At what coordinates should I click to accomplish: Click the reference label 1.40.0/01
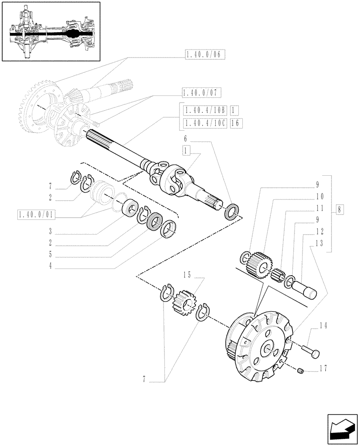click(36, 215)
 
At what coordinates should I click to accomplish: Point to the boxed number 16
click(236, 123)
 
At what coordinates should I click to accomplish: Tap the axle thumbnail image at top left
click(50, 32)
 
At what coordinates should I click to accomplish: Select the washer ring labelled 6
click(232, 210)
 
